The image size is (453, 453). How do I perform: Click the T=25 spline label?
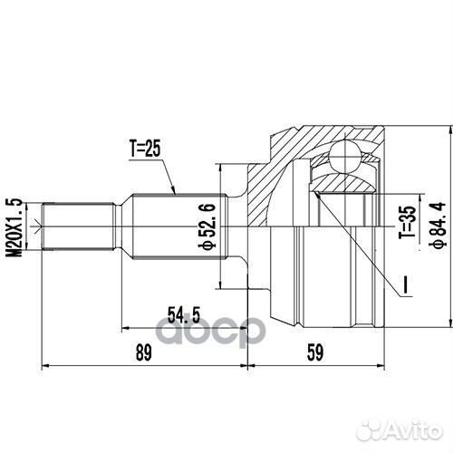(x=145, y=149)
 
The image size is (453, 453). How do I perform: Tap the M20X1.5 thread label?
(x=14, y=227)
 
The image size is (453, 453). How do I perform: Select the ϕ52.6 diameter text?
(x=207, y=226)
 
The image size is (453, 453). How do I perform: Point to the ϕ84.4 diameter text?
(x=438, y=226)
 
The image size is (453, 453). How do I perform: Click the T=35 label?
(x=408, y=222)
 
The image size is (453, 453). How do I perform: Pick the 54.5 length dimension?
(x=184, y=314)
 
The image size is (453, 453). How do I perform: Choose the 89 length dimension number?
(x=144, y=352)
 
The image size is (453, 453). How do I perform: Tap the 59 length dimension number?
(x=315, y=352)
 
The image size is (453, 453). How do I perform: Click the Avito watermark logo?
(x=400, y=429)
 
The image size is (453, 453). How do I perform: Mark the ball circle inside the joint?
(x=345, y=158)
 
